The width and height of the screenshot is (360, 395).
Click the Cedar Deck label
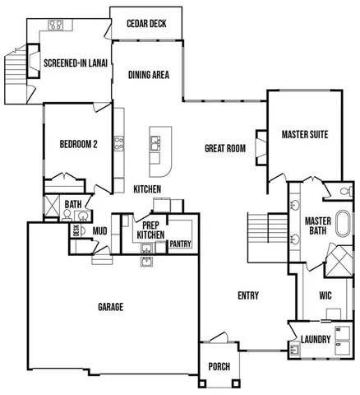(x=146, y=23)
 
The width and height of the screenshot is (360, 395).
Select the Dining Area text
(x=149, y=75)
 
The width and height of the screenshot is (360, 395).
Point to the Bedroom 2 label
(x=78, y=144)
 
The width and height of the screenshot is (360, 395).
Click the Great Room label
(x=225, y=148)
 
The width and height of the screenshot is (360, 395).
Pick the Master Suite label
(x=305, y=133)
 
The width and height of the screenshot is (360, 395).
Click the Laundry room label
(x=316, y=339)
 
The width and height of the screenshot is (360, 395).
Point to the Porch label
(x=219, y=366)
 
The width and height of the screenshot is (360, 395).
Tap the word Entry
(x=248, y=296)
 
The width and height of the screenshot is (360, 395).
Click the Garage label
(x=111, y=307)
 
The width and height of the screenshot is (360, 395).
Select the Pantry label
(x=180, y=244)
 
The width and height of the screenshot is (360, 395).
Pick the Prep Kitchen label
(x=150, y=230)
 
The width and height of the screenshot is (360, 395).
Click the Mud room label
(x=100, y=231)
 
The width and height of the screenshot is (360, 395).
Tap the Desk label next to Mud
(x=76, y=230)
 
